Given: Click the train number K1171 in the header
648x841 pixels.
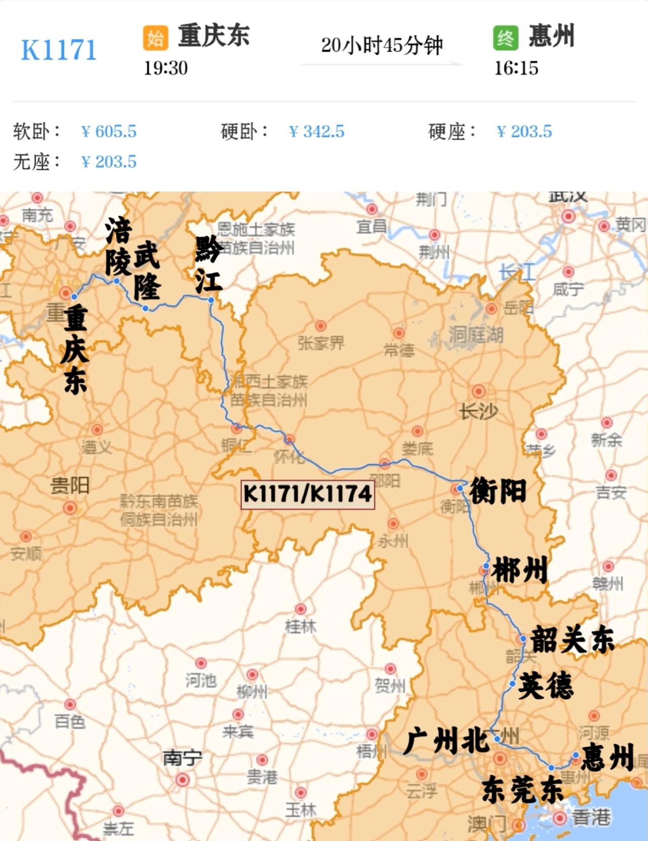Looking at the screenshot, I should click(x=59, y=50).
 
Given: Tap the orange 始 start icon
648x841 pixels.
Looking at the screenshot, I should click(x=155, y=38).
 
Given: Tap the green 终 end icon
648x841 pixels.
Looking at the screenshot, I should click(x=505, y=38).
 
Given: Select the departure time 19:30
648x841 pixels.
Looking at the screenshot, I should click(x=166, y=68).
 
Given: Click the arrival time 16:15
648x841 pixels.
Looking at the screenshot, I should click(x=516, y=68).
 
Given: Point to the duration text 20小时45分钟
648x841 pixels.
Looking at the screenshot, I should click(x=382, y=46).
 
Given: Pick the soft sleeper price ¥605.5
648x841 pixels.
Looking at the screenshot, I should click(x=109, y=132).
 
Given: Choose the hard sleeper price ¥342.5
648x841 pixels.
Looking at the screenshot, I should click(x=316, y=132).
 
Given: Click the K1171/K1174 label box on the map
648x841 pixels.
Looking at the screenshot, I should click(x=307, y=494).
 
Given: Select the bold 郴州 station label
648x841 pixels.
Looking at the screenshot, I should click(x=520, y=570).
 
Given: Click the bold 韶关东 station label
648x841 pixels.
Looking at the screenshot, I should click(x=572, y=639).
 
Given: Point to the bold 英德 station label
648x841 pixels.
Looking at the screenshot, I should click(x=546, y=686).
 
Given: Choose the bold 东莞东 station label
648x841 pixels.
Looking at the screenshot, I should click(x=522, y=790).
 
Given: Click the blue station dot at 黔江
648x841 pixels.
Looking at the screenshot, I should click(x=211, y=300).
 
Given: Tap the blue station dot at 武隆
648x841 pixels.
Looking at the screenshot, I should click(x=145, y=308).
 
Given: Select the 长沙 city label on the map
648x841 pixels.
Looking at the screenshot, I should click(x=478, y=411).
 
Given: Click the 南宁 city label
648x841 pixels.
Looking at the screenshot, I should click(x=182, y=758).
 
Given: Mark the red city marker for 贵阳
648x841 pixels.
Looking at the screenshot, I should click(x=70, y=508).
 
